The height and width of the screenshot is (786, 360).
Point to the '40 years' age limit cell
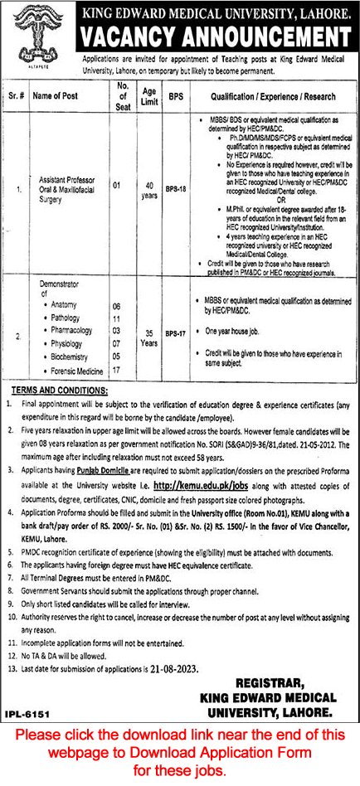pos(149,190)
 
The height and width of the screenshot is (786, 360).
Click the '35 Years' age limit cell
pos(149,333)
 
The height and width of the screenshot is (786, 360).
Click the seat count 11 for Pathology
pos(116,319)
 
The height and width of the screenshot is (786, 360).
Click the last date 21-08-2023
pos(195,644)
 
